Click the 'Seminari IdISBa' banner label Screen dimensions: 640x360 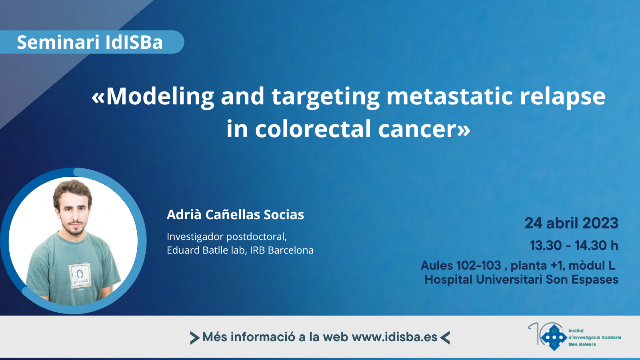90,42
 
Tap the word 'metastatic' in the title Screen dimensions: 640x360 450,96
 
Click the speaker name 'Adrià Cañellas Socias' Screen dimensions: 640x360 235,214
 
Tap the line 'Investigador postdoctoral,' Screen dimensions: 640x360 226,237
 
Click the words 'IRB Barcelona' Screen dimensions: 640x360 282,250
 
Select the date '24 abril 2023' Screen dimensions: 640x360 572,223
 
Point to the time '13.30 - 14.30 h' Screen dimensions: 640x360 574,246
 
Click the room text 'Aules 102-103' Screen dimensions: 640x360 461,266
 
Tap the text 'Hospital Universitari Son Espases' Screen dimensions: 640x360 522,280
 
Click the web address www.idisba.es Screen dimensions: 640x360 394,337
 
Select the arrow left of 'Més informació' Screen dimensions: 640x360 195,338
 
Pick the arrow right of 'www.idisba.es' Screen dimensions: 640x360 445,338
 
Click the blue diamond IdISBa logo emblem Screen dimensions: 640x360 554,338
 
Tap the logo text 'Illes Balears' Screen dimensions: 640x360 582,344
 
